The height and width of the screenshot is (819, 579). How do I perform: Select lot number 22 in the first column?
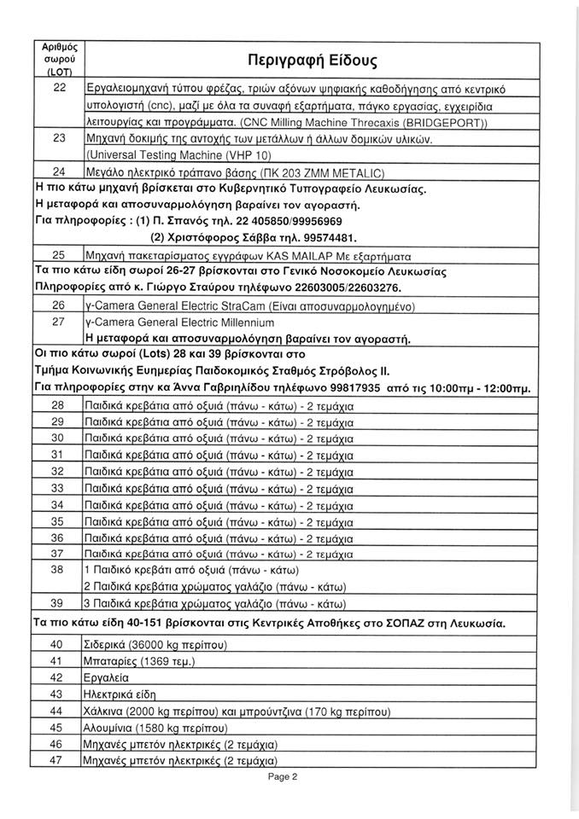pos(59,88)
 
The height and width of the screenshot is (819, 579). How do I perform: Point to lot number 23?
pos(59,137)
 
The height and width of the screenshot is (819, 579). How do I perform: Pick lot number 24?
pos(59,171)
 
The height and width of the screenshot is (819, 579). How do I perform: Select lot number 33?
pos(59,487)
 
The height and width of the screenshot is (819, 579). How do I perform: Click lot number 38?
pos(59,568)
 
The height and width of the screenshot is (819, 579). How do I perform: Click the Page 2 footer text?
pos(281,777)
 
